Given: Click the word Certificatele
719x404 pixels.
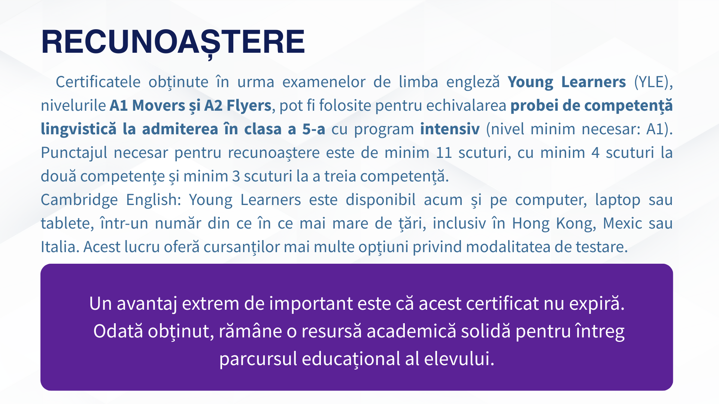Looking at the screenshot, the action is pos(98,82).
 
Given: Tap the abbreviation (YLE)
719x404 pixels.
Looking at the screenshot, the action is pos(653,82).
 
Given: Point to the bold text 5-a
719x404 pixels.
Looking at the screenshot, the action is pos(314,129).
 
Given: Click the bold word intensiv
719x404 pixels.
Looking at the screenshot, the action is pos(450,129).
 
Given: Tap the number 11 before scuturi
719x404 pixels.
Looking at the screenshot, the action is pos(444,153).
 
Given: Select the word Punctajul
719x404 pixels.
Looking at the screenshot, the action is pos(74,153).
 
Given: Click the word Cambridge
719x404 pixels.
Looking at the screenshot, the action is pos(79,200).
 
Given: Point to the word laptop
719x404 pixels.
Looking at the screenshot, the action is pos(618,200).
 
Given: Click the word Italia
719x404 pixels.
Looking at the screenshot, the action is pos(60,247).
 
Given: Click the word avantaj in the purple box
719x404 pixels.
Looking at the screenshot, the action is pos(147,304).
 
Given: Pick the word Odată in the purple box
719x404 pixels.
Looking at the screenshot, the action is pos(118,331).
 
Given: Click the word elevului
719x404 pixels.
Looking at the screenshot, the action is pos(459,359).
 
